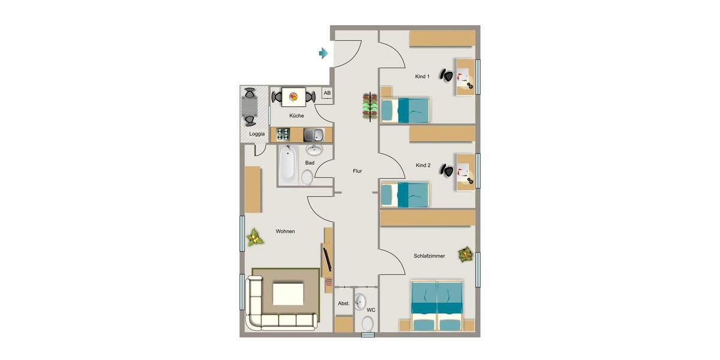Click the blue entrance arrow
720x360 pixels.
pos(323,54)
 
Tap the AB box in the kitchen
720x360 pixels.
pos(327,93)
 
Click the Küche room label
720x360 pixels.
pos(296,116)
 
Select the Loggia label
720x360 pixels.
pos(257,134)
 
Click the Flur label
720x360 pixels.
pos(357,171)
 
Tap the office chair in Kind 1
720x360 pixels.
pos(446,75)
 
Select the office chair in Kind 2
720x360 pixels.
pos(446,170)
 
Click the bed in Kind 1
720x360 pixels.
pos(406,109)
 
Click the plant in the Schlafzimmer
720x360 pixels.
pos(466,254)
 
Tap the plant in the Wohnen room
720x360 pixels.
pos(255,237)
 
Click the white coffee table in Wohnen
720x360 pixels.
pos(288,294)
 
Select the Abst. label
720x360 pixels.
pos(344,304)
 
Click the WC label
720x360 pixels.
pos(371,310)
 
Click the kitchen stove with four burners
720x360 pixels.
pos(283,134)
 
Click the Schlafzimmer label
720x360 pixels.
pos(429,256)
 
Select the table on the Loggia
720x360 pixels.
pos(249,107)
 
